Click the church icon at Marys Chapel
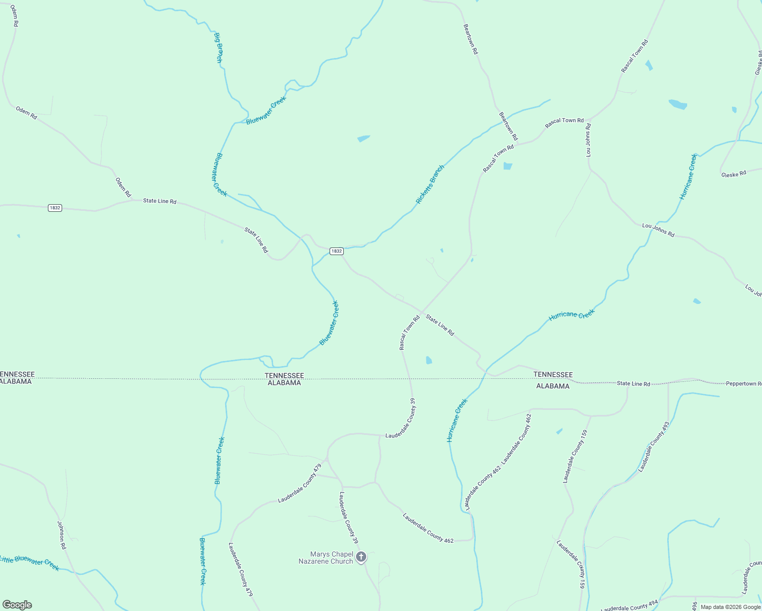(361, 557)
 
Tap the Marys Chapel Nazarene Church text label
(325, 558)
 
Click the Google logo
(17, 605)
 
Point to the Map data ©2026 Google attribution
(730, 607)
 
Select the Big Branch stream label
(218, 48)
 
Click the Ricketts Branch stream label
(430, 184)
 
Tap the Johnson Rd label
(62, 535)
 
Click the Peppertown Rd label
(744, 383)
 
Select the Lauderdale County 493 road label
(654, 447)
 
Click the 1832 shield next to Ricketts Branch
(336, 251)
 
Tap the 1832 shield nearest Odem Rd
(55, 208)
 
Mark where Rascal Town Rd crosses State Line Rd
(422, 312)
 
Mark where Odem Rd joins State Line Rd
(133, 200)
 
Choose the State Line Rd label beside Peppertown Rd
(633, 383)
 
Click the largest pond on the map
(677, 104)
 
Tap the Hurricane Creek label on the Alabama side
(457, 420)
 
